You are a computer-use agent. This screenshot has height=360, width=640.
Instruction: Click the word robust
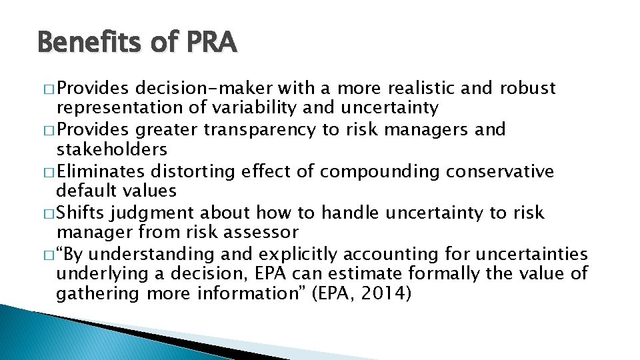tap(523, 89)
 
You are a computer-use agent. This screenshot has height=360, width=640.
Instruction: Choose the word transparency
tap(260, 130)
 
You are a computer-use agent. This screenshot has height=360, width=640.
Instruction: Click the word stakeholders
tap(111, 149)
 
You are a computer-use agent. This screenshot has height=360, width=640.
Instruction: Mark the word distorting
tap(193, 171)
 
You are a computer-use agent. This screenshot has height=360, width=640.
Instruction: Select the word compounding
tap(377, 171)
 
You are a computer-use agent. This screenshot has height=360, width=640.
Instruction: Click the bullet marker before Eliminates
tap(49, 172)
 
